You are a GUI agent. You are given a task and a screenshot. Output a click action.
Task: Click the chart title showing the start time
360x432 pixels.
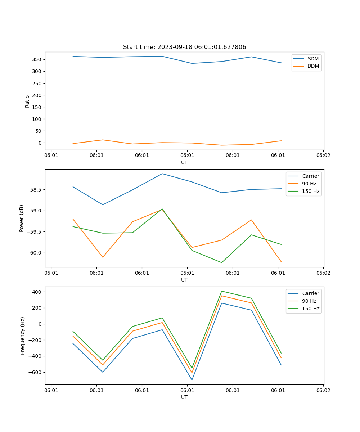[x=184, y=47]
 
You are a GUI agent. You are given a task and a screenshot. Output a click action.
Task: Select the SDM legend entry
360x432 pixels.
[x=313, y=59]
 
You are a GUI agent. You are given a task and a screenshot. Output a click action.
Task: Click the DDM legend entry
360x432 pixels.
[x=313, y=66]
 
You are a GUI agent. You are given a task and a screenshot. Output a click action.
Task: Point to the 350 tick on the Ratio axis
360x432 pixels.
[x=37, y=59]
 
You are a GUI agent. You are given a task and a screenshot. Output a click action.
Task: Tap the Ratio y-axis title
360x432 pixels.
[x=27, y=102]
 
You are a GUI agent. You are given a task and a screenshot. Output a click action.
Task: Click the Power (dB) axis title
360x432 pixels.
[x=22, y=218]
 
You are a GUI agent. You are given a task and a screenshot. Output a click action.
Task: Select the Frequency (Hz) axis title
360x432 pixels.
[x=22, y=336]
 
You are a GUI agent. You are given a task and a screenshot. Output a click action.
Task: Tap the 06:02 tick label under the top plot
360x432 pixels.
[x=323, y=156]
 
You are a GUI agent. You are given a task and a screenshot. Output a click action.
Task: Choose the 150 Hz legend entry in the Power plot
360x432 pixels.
[x=311, y=191]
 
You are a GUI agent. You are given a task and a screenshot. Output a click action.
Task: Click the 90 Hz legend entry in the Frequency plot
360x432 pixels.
[x=309, y=301]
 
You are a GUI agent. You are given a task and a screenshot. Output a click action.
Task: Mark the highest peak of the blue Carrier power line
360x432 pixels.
[x=162, y=174]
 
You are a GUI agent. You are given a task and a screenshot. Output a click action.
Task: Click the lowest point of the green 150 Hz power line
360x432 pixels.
[x=221, y=262]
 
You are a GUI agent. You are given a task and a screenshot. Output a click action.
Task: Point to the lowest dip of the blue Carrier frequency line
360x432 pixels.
[x=192, y=380]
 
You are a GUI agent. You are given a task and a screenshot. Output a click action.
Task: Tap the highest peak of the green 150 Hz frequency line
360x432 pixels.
[x=221, y=291]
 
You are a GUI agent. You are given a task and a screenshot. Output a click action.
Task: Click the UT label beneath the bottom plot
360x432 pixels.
[x=184, y=397]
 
